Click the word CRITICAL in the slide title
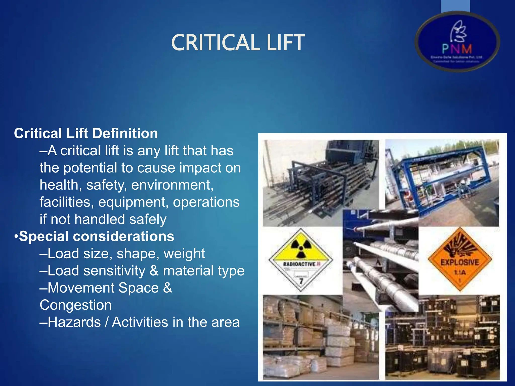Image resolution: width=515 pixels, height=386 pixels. pos(215,43)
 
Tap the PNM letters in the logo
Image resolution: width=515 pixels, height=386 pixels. pos(457,49)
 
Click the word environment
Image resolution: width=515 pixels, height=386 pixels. pos(172,185)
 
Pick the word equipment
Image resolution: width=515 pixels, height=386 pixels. pos(133,202)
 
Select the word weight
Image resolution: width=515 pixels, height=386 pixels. pos(184,254)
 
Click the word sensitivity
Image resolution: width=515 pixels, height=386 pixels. pos(114,271)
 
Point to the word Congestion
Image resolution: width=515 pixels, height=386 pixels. pos(76,305)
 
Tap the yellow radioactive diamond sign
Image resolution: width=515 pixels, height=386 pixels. pos(301,260)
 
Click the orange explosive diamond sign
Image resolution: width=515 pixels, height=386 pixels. pos(460,259)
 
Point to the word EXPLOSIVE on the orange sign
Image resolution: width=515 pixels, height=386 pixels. pos(460,262)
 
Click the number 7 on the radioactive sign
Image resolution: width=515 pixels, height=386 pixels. pos(301,281)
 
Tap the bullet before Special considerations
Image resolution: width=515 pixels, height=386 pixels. pos(16,237)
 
